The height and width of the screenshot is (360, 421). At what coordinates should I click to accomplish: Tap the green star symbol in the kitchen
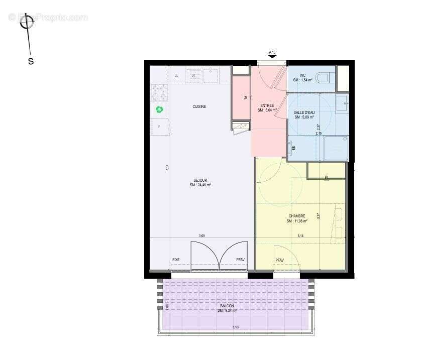(x=160, y=109)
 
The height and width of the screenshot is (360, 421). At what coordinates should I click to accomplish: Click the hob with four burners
(x=160, y=92)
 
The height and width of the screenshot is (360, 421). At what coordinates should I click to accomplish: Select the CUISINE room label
(x=199, y=106)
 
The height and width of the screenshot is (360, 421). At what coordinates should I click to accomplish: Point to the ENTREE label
(x=267, y=106)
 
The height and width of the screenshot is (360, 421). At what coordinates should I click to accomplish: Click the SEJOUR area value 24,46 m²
(x=200, y=185)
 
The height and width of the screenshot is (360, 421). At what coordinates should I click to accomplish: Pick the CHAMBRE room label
(x=296, y=216)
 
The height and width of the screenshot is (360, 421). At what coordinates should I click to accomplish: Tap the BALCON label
(x=227, y=306)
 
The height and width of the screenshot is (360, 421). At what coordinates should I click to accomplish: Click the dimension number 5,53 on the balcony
(x=236, y=327)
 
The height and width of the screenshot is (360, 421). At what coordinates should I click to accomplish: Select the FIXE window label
(x=176, y=260)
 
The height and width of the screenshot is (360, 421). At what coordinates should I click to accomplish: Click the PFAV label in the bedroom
(x=279, y=260)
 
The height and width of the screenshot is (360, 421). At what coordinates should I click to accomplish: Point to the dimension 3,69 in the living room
(x=201, y=235)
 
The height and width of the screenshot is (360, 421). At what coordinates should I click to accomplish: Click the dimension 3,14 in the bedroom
(x=300, y=235)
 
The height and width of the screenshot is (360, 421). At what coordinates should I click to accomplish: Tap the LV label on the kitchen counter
(x=193, y=76)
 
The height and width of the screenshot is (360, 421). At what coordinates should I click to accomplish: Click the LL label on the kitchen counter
(x=176, y=76)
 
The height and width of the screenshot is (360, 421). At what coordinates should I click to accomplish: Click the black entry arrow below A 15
(x=272, y=57)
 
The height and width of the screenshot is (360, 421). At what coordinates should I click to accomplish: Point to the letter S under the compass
(x=31, y=62)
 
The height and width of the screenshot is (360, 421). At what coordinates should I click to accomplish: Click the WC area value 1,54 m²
(x=303, y=80)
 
